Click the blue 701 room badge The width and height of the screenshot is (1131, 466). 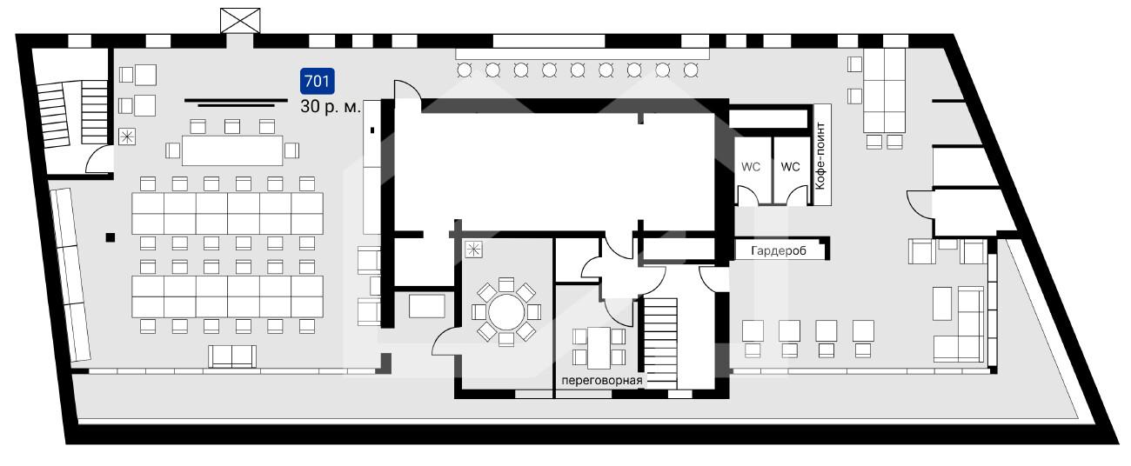(317, 81)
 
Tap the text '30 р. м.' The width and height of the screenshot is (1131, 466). (331, 107)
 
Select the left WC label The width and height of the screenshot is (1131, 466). (751, 167)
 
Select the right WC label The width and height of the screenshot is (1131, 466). (790, 167)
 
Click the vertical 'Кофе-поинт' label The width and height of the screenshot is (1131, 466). (820, 156)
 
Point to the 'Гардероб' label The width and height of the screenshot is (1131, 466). (778, 250)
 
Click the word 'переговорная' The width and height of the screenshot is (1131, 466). (602, 380)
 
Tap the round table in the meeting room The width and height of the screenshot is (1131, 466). (506, 312)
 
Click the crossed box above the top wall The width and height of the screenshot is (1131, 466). (240, 21)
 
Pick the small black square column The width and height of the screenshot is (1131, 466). (110, 237)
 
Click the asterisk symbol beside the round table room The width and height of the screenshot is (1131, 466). (473, 250)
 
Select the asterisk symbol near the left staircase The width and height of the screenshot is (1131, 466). (127, 136)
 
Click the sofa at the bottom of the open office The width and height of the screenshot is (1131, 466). (232, 356)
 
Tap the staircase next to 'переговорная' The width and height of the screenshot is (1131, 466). (661, 343)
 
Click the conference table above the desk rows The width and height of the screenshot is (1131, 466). (232, 150)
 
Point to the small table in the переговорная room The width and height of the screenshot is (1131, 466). (599, 348)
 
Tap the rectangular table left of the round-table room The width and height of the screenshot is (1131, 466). (426, 306)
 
